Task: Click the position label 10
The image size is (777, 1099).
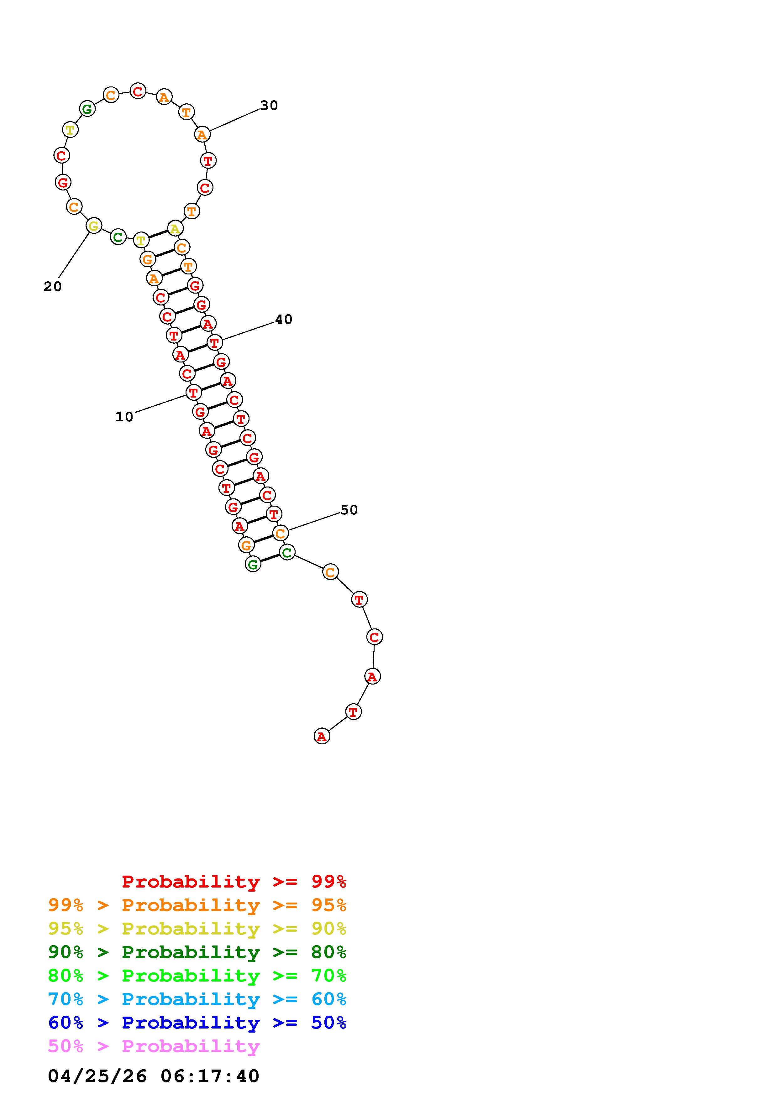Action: pyautogui.click(x=124, y=417)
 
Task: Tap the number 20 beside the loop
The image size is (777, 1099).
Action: pyautogui.click(x=53, y=287)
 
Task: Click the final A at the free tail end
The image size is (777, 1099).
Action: pyautogui.click(x=322, y=736)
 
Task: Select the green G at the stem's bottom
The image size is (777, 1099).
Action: pyautogui.click(x=253, y=564)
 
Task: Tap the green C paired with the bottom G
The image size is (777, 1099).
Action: pyautogui.click(x=287, y=552)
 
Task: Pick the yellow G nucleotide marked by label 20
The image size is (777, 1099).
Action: pyautogui.click(x=94, y=226)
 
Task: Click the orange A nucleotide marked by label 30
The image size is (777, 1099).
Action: pyautogui.click(x=202, y=134)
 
